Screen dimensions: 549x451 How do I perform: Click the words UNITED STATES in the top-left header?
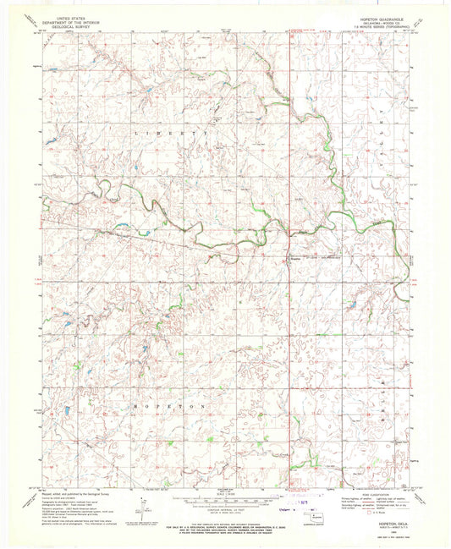click(x=71, y=16)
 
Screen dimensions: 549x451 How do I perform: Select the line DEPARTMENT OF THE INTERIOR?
click(x=71, y=20)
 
